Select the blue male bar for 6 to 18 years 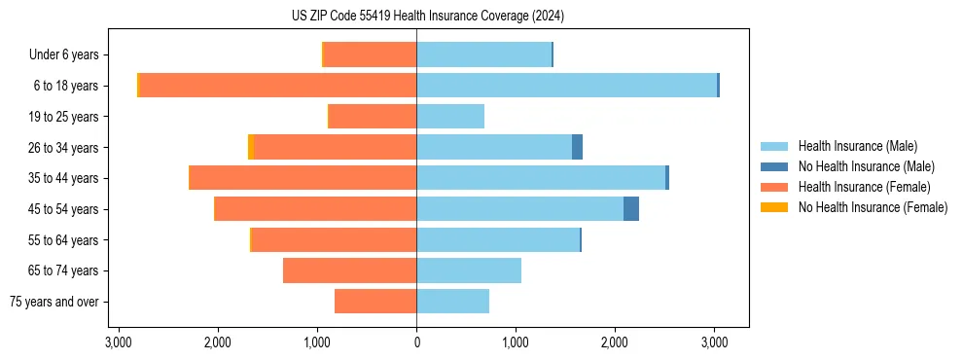566,86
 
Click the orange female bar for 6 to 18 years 278,86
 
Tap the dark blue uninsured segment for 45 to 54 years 631,209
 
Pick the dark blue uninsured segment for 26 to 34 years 577,147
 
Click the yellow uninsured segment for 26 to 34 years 251,147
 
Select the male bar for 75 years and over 452,302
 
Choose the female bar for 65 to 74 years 349,270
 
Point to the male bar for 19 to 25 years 450,117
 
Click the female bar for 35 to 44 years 303,178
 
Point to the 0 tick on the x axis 416,342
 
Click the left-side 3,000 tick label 118,342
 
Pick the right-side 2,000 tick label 615,342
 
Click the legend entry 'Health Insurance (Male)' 857,146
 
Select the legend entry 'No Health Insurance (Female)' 873,207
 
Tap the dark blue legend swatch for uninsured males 774,166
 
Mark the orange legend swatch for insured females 774,187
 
